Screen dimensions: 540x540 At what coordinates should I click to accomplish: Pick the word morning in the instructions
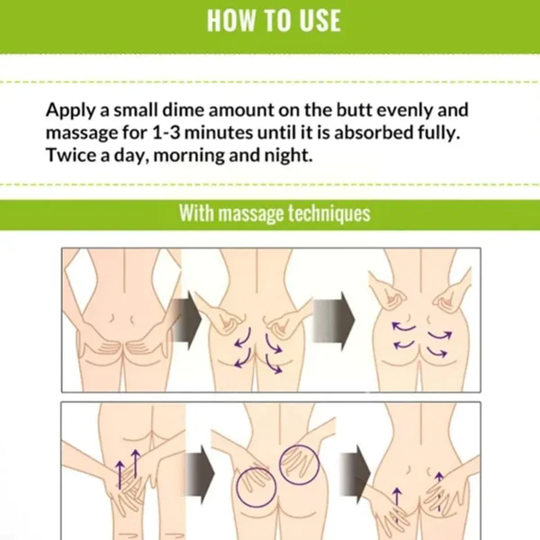tap(189, 156)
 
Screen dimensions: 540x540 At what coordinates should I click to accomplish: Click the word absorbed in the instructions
tap(373, 132)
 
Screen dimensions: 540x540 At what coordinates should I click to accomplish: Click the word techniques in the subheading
tap(328, 213)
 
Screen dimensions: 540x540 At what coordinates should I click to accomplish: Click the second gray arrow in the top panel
tap(333, 320)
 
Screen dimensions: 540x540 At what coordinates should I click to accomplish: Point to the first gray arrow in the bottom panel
tap(200, 473)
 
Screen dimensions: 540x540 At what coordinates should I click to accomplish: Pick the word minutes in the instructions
tap(219, 132)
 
